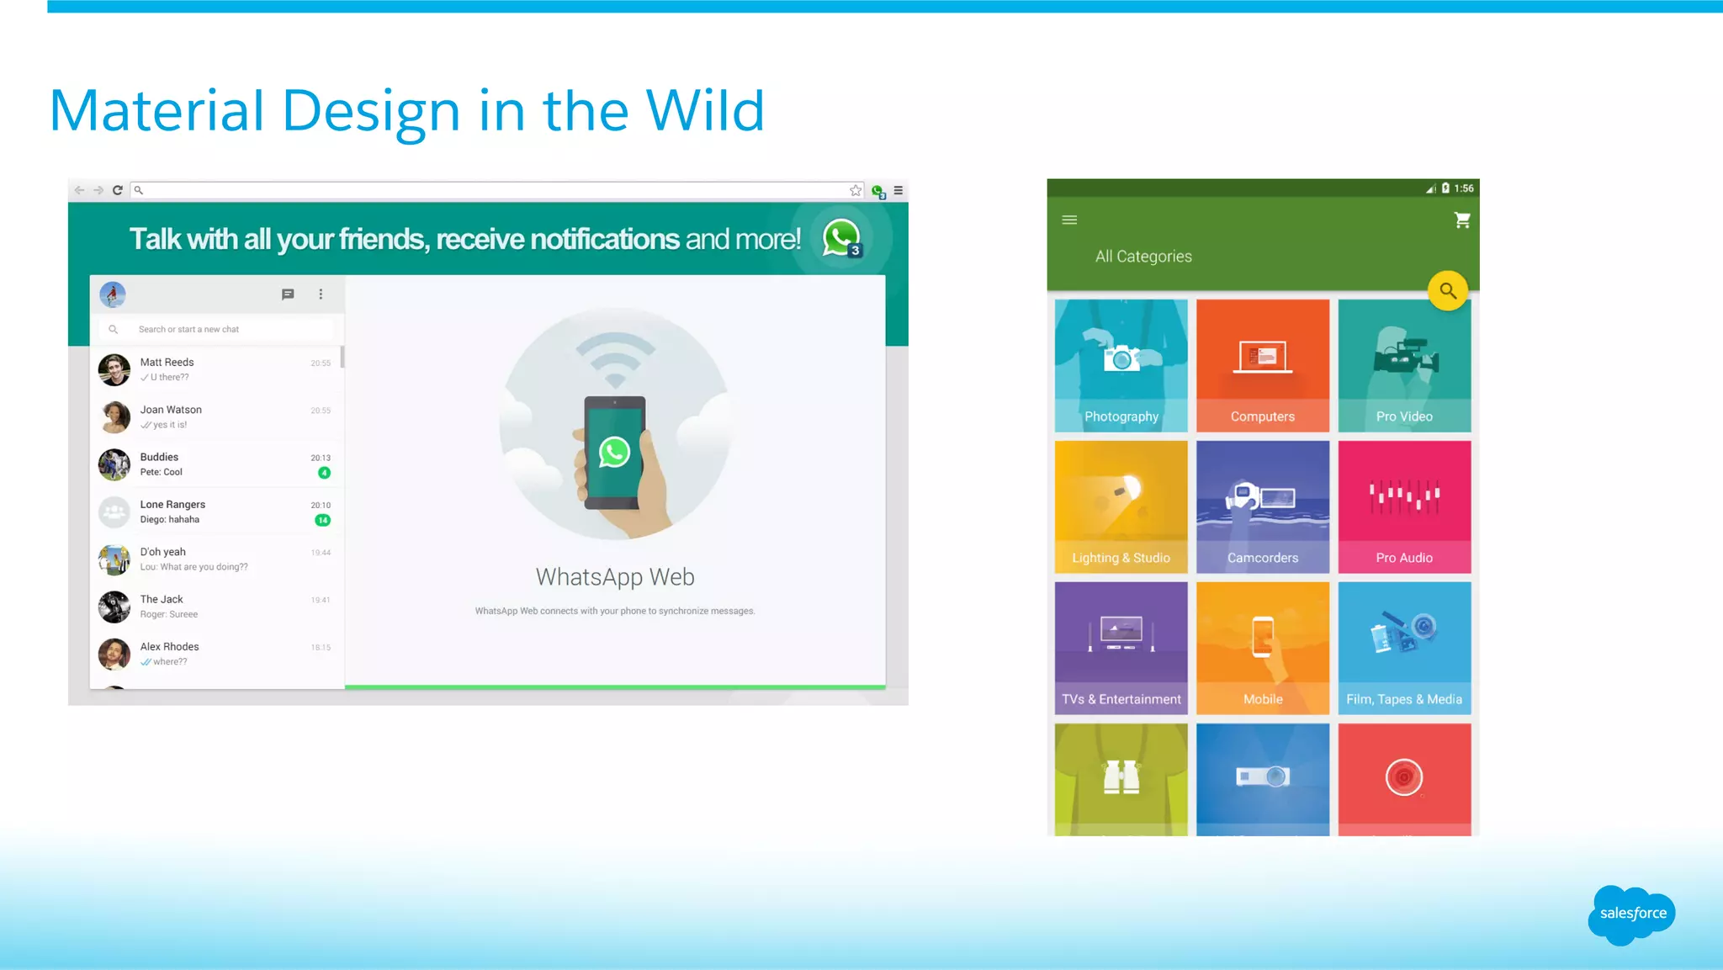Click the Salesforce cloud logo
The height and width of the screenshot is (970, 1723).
click(x=1631, y=914)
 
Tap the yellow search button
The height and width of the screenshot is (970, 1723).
click(x=1447, y=291)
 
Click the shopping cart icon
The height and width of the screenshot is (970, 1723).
click(x=1462, y=220)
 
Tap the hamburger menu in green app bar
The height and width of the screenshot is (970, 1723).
click(x=1069, y=220)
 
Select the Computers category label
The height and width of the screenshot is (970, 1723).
click(x=1262, y=416)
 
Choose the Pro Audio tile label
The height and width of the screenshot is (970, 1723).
click(x=1403, y=558)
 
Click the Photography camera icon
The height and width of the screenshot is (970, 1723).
click(x=1121, y=358)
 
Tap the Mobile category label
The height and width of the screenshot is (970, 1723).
click(x=1262, y=699)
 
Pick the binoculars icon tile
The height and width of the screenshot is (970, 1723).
click(x=1121, y=777)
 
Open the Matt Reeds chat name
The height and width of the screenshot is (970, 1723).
click(x=167, y=363)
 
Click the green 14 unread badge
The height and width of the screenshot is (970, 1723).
click(x=322, y=520)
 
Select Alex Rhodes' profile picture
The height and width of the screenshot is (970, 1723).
click(x=114, y=654)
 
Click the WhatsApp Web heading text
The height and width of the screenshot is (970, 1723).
click(x=615, y=577)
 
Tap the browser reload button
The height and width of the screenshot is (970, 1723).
click(x=118, y=190)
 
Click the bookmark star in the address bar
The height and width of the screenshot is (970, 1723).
click(x=856, y=190)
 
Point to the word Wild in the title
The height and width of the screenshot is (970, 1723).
click(x=704, y=111)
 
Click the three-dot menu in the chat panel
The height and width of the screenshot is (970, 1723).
click(x=321, y=294)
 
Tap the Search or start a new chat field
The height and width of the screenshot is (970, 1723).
click(x=219, y=330)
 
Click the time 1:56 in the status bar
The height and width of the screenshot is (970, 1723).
click(x=1464, y=188)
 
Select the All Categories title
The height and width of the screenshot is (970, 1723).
click(x=1143, y=257)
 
